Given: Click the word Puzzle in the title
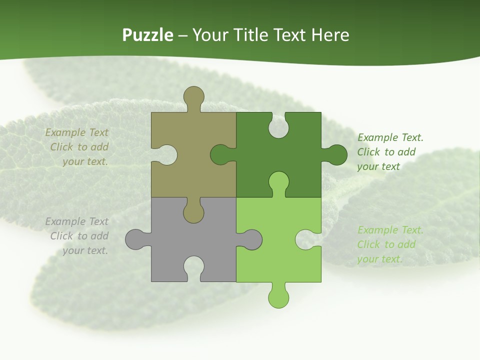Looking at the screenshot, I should point(148,35).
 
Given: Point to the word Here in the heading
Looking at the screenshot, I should point(330,35).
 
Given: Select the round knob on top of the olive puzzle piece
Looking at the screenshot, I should point(193,96).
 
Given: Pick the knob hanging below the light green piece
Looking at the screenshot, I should point(278,297).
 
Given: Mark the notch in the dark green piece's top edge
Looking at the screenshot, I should point(278,126).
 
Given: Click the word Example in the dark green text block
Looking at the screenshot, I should point(377,137).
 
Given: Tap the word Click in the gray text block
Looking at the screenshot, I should point(62,236).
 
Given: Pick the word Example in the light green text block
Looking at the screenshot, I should point(377,230).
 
